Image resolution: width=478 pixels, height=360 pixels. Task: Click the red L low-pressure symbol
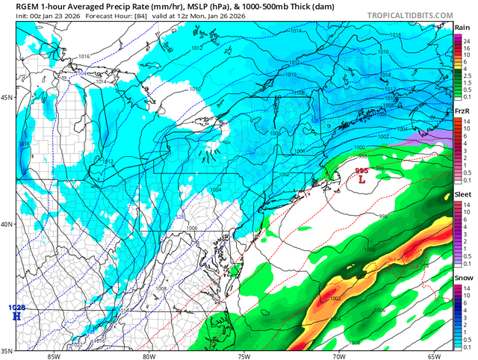(362, 179)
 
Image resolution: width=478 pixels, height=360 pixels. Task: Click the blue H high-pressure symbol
(16, 316)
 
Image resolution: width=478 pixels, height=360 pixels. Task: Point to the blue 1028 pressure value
(16, 307)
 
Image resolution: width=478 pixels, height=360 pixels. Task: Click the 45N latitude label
(7, 97)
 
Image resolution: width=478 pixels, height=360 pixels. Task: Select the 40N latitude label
(7, 224)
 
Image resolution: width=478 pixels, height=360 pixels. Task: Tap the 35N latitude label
(7, 350)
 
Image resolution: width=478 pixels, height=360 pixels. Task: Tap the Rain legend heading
(462, 26)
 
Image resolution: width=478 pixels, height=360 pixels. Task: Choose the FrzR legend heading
(462, 111)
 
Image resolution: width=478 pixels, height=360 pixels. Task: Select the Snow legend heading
(462, 278)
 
